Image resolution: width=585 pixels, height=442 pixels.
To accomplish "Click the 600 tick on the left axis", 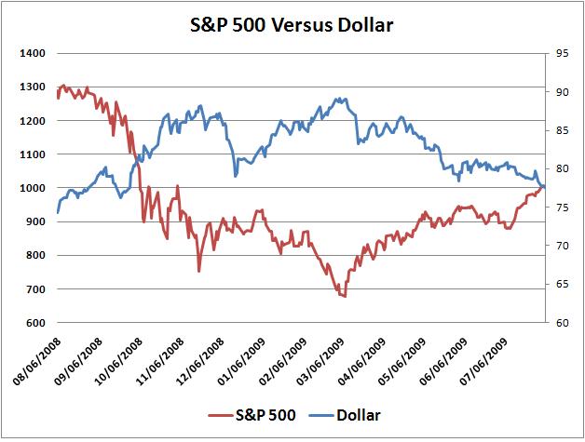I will click(37, 323).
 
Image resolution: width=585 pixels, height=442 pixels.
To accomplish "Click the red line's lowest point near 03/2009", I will click(345, 296).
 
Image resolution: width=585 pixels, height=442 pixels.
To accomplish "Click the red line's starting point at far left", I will click(58, 97).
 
